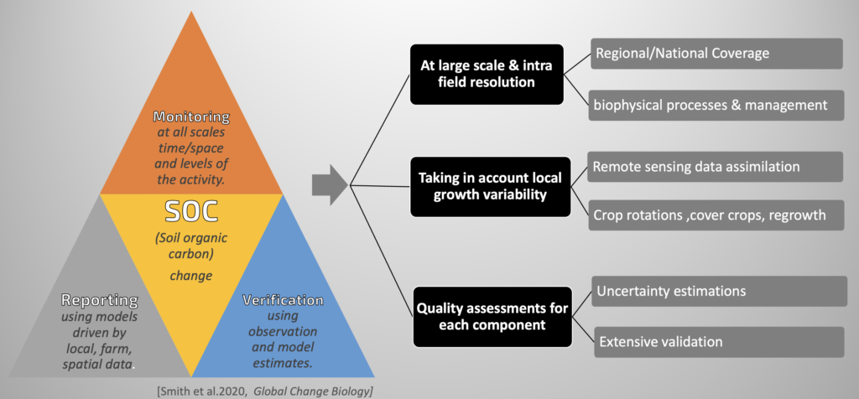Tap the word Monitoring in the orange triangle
pos(191,117)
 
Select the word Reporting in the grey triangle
pos(100,300)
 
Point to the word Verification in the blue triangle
pos(283,300)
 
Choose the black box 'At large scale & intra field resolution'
pos(487,75)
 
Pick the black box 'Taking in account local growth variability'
pos(490,186)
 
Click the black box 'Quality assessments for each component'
pos(492,316)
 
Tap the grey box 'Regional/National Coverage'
pos(716,54)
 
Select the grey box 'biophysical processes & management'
pos(716,105)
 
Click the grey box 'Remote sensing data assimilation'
pos(715,166)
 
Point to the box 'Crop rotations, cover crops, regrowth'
pos(716,215)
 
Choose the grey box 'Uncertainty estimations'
pos(719,291)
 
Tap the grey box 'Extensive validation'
pos(719,342)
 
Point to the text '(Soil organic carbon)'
pos(191,246)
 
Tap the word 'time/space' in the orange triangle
pos(192,148)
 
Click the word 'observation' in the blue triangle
pos(283,332)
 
